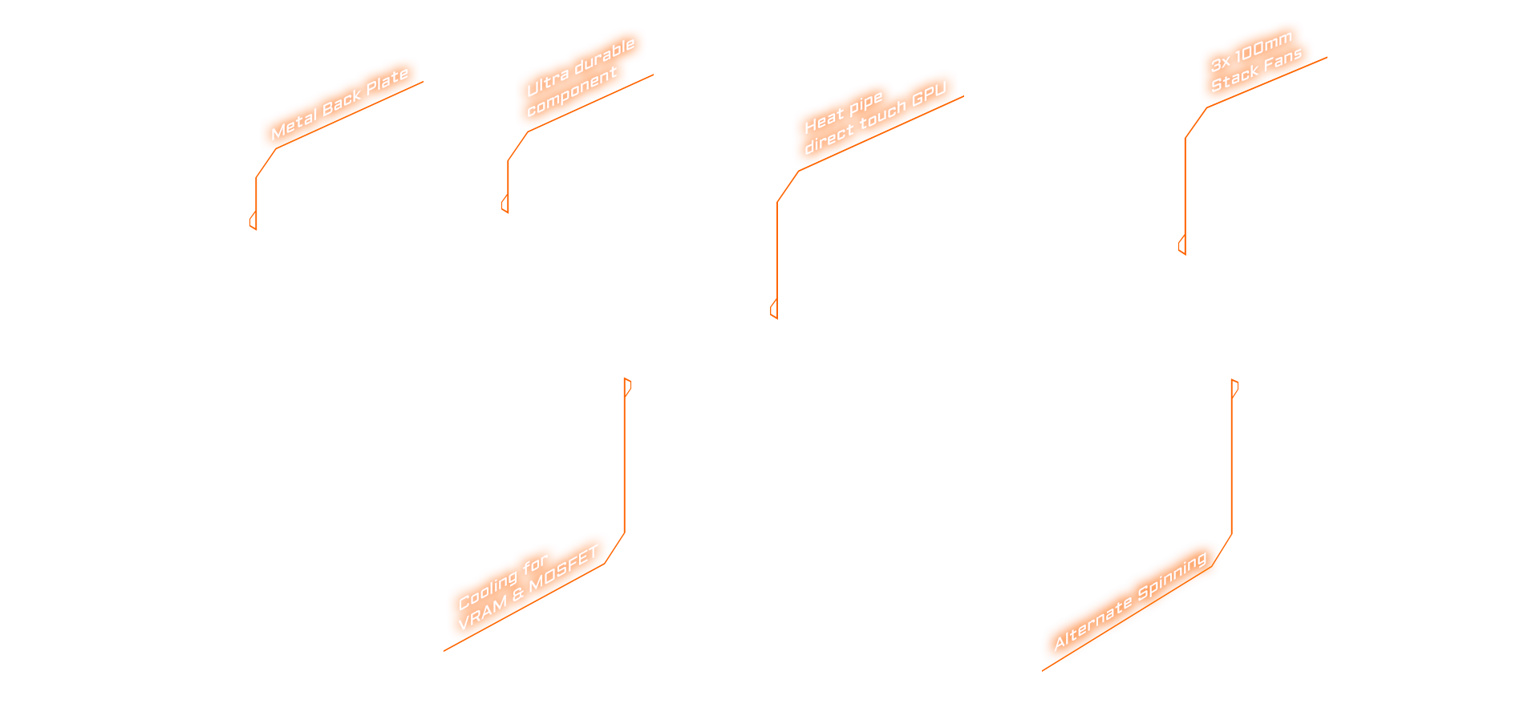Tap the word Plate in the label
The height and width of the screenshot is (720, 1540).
(387, 81)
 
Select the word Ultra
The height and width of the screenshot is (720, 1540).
(547, 82)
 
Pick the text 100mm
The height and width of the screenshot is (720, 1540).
(1263, 48)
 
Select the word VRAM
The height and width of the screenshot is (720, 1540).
(482, 613)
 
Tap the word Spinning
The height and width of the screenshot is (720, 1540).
(1172, 575)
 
